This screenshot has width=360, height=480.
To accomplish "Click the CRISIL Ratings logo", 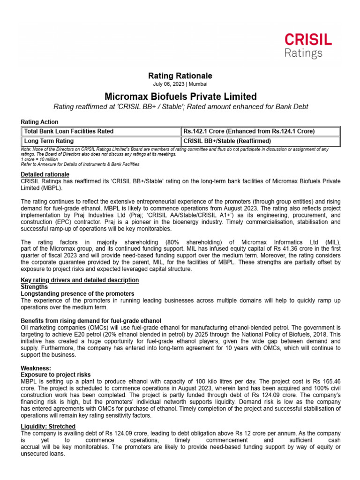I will click(307, 45).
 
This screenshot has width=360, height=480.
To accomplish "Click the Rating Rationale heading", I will click(180, 75).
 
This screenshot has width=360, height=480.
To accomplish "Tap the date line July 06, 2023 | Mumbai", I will click(180, 84).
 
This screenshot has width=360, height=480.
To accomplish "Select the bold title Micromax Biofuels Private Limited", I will click(180, 97).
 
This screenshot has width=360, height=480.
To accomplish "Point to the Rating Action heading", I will click(40, 122).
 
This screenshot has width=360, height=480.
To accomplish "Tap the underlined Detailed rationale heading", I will click(45, 174).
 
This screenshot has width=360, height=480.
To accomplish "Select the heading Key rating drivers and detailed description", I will click(80, 280).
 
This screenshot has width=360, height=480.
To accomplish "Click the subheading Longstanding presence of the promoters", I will click(78, 293).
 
